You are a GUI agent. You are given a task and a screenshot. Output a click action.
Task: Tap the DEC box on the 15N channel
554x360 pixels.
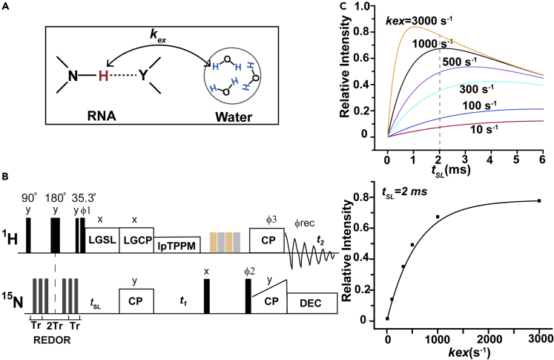(311, 304)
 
